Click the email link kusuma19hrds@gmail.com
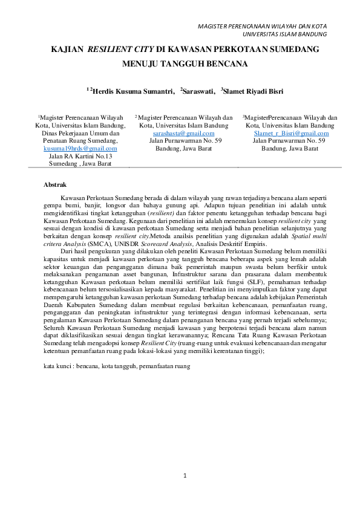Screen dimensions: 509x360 80,148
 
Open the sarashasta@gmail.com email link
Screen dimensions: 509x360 183,133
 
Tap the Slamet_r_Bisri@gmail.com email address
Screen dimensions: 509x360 291,133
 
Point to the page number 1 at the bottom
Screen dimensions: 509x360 185,476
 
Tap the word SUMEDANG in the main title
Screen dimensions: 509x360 295,47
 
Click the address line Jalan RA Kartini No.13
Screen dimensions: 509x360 80,156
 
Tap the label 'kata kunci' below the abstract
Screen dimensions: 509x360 57,366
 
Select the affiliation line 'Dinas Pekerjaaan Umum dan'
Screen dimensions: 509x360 80,133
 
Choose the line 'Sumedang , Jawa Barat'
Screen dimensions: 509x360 80,163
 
